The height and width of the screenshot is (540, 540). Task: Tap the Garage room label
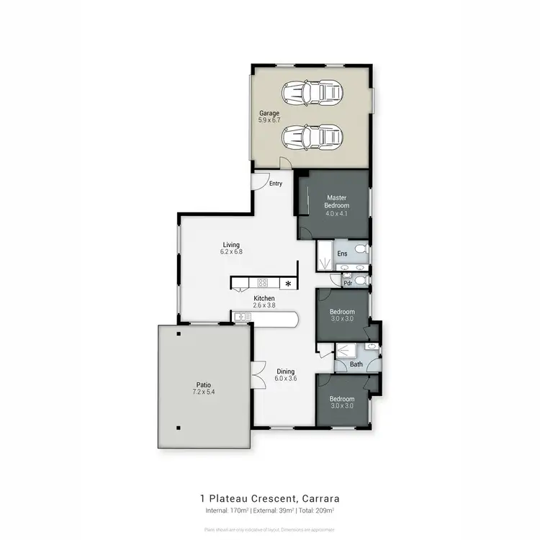[x=269, y=113]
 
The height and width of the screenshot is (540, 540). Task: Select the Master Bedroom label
[x=337, y=201]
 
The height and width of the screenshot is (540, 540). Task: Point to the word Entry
[x=276, y=184]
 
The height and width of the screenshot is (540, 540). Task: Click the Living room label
[x=230, y=245]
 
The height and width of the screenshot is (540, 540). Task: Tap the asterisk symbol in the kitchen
[x=289, y=283]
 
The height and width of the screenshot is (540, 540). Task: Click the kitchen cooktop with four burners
[x=263, y=282]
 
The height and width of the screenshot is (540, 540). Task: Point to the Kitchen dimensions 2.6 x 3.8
[x=264, y=305]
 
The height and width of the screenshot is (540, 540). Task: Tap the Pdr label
[x=347, y=283]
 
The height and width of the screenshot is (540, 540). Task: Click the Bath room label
[x=356, y=364]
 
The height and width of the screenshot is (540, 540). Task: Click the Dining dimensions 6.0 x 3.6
[x=285, y=378]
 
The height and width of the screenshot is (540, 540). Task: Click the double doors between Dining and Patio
[x=254, y=374]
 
